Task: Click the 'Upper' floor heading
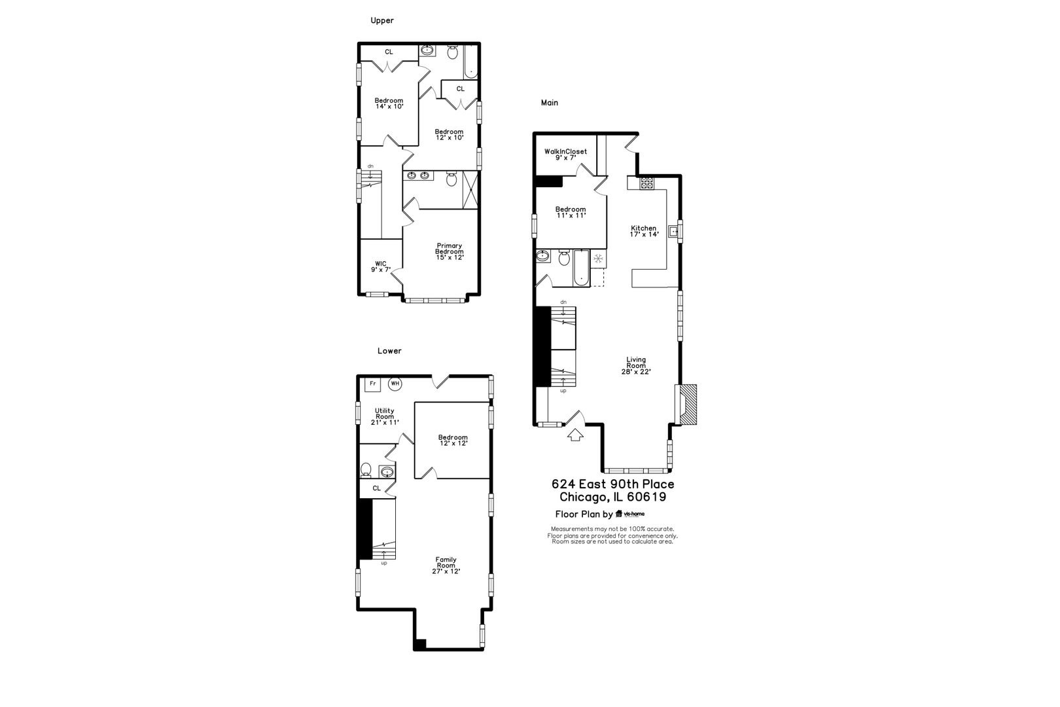pyautogui.click(x=382, y=20)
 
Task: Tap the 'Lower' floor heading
pyautogui.click(x=389, y=351)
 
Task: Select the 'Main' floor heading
pyautogui.click(x=549, y=103)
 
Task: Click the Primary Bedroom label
pyautogui.click(x=450, y=252)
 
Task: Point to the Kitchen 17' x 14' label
pyautogui.click(x=643, y=231)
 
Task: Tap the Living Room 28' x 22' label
pyautogui.click(x=636, y=365)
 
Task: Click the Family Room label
pyautogui.click(x=446, y=565)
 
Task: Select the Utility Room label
pyautogui.click(x=385, y=416)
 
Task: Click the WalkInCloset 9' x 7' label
pyautogui.click(x=566, y=154)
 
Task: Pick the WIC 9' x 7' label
pyautogui.click(x=381, y=266)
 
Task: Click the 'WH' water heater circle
pyautogui.click(x=395, y=384)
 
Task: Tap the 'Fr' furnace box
pyautogui.click(x=373, y=384)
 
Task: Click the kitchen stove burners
pyautogui.click(x=646, y=183)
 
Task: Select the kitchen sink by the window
pyautogui.click(x=673, y=230)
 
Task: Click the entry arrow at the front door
pyautogui.click(x=575, y=434)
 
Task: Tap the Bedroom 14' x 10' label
pyautogui.click(x=389, y=103)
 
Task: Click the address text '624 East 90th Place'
pyautogui.click(x=612, y=484)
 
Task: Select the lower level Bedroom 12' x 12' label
pyautogui.click(x=453, y=440)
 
